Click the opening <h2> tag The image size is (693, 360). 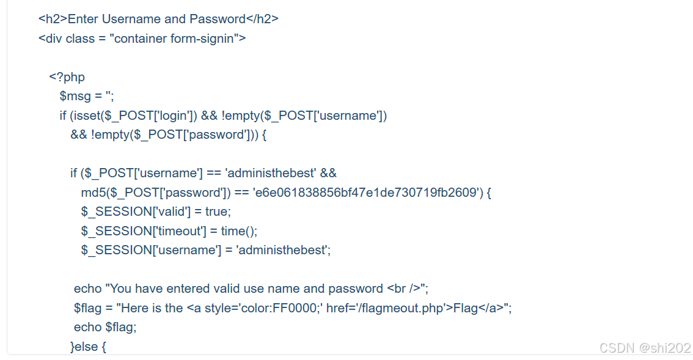tap(52, 19)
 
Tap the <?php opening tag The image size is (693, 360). tap(67, 77)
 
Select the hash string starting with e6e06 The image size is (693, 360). tap(365, 193)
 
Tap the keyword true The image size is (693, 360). tap(218, 211)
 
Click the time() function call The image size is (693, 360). tap(239, 231)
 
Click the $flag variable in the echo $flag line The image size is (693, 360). tap(125, 327)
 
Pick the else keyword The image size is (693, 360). tap(86, 347)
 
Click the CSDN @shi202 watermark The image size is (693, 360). tap(645, 348)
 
